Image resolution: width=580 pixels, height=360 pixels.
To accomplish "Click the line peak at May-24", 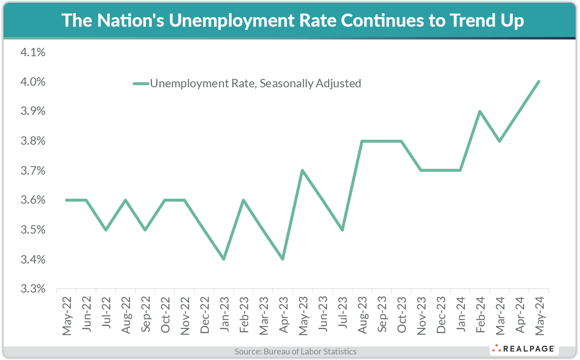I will pos(539,81).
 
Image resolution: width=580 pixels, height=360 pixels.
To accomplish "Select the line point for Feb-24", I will pos(480,111).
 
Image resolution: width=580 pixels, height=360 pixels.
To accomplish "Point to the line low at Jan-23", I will pos(224,259).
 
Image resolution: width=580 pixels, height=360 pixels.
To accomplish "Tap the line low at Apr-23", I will pos(283,259).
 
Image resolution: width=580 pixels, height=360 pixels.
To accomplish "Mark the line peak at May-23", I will pos(303,170).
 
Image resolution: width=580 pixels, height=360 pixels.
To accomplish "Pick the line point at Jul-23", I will pos(342,230).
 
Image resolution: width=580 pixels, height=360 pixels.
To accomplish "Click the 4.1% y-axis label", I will pos(33,52).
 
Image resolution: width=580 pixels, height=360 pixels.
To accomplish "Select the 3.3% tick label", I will pos(33,289).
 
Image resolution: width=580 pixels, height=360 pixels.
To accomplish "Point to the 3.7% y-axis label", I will pos(33,171).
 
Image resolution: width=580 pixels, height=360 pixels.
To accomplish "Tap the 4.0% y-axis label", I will pos(33,82).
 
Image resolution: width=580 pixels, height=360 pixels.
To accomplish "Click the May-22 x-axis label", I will pos(67,316).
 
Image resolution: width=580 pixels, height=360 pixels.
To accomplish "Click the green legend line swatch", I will pos(141,84).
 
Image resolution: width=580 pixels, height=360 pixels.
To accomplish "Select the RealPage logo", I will pos(524,349).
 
